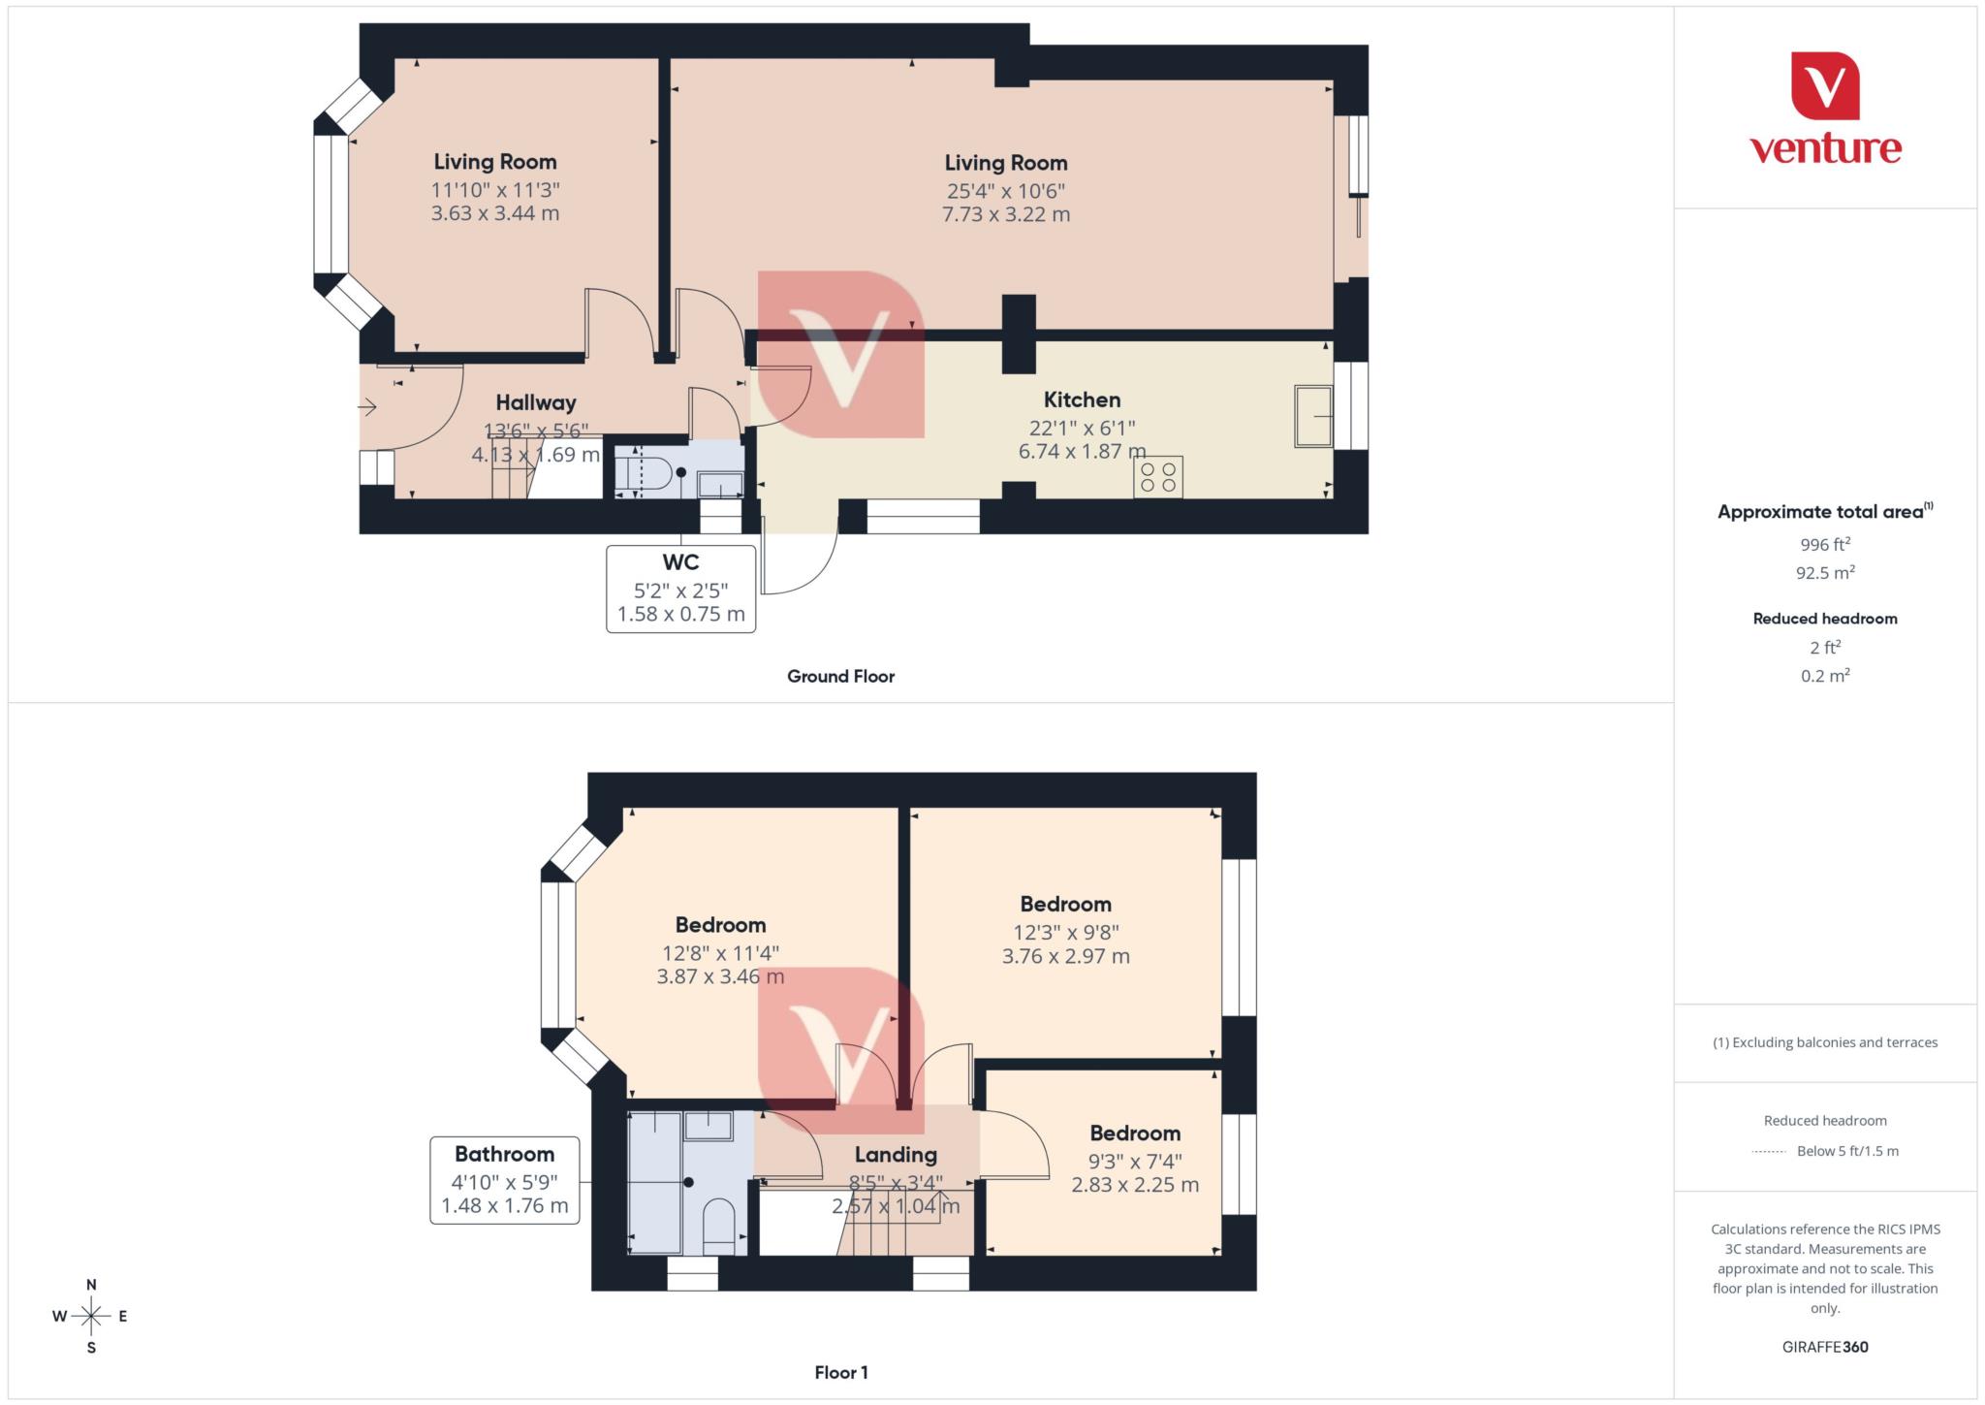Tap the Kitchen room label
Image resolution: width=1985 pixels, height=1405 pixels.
(x=1082, y=399)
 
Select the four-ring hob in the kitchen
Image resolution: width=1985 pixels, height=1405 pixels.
(x=1157, y=476)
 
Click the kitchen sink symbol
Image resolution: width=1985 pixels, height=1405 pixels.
(x=1313, y=417)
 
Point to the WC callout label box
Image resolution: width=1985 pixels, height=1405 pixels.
(x=680, y=589)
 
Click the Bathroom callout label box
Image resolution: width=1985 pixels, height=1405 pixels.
(x=504, y=1180)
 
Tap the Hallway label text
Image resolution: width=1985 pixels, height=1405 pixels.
(x=536, y=402)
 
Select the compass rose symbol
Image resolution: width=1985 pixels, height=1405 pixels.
(x=91, y=1316)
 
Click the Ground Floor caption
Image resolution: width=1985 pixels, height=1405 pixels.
(x=840, y=676)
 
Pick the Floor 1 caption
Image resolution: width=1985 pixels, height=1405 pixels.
(x=840, y=1372)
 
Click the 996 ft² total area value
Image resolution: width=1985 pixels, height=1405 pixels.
(x=1825, y=544)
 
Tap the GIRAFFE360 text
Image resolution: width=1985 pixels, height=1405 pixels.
(x=1825, y=1347)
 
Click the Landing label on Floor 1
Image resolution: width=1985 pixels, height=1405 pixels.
(x=896, y=1155)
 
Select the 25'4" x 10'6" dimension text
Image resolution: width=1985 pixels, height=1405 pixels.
(x=1005, y=191)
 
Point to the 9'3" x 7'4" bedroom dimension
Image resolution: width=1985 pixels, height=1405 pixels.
(x=1135, y=1161)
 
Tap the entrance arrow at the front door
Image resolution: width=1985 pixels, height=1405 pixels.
(x=367, y=407)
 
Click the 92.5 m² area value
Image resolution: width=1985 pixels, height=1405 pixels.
(x=1825, y=572)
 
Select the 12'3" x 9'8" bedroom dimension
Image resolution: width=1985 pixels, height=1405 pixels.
(x=1065, y=932)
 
